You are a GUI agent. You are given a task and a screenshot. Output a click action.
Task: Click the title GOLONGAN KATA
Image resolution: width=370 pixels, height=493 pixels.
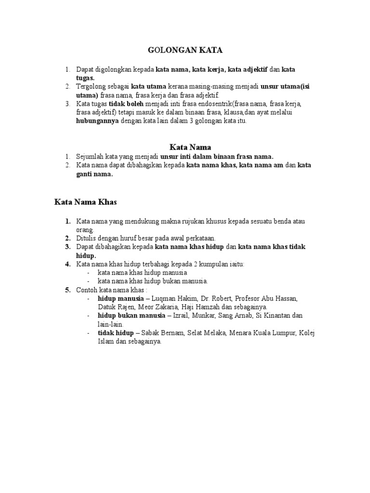185,50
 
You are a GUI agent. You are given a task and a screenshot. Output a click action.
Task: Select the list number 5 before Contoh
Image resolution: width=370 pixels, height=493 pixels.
68,290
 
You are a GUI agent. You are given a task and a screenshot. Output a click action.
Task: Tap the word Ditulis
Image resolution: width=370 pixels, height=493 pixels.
86,238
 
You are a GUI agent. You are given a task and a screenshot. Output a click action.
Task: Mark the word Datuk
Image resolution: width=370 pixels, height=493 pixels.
107,307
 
